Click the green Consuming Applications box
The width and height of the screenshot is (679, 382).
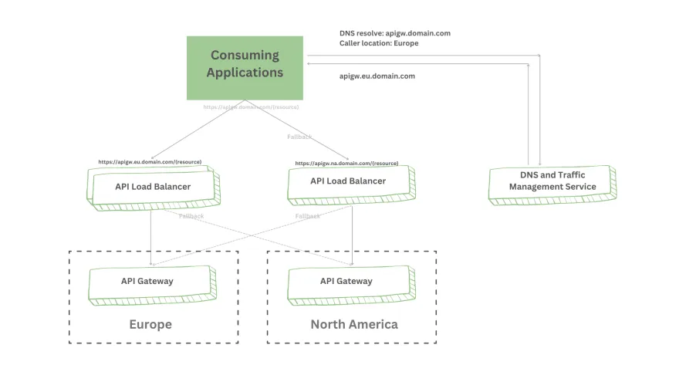pyautogui.click(x=245, y=68)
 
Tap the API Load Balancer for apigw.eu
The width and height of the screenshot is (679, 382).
pyautogui.click(x=154, y=188)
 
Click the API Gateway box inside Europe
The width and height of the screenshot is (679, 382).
pyautogui.click(x=148, y=282)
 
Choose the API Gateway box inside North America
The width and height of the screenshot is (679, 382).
pyautogui.click(x=346, y=282)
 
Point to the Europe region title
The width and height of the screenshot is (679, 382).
pyautogui.click(x=150, y=324)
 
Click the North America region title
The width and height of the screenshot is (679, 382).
pyautogui.click(x=354, y=324)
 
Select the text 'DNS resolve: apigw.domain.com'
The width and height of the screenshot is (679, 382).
pyautogui.click(x=394, y=33)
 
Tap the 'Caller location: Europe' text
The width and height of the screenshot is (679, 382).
pyautogui.click(x=379, y=44)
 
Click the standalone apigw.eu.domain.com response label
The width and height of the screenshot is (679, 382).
pyautogui.click(x=377, y=76)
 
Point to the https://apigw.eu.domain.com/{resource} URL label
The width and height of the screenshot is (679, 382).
pyautogui.click(x=150, y=162)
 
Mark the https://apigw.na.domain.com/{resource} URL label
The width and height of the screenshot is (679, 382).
pyautogui.click(x=346, y=164)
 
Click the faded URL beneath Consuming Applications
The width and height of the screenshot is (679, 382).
pyautogui.click(x=251, y=107)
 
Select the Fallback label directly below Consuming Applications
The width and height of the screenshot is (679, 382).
pyautogui.click(x=299, y=137)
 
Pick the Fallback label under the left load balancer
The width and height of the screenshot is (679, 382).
pyautogui.click(x=191, y=216)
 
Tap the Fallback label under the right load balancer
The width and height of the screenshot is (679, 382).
pyautogui.click(x=307, y=216)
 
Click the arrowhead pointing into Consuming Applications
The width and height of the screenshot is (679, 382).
pyautogui.click(x=308, y=64)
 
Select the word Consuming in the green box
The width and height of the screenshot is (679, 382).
pyautogui.click(x=245, y=56)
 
